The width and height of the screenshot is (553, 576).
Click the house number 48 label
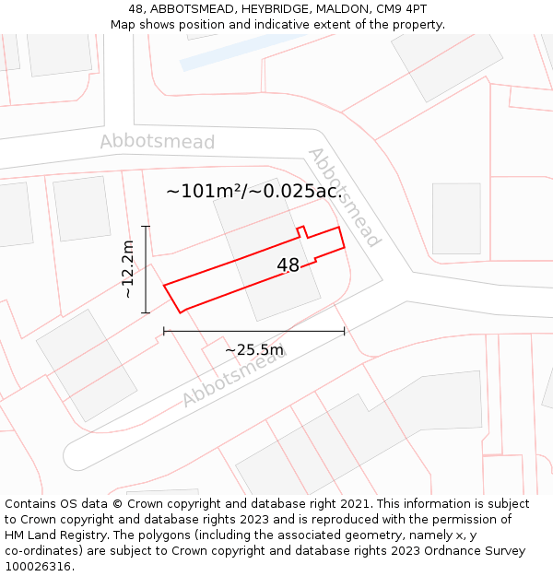click(x=288, y=265)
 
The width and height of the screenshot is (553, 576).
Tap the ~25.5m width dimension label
click(x=254, y=349)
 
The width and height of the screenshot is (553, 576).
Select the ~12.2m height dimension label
click(x=129, y=269)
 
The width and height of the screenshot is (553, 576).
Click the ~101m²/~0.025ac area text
click(x=253, y=192)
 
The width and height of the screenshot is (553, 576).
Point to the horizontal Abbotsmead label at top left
click(x=157, y=142)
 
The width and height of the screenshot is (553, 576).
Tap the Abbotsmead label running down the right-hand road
click(x=344, y=197)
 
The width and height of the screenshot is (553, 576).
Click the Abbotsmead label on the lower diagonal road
click(x=233, y=380)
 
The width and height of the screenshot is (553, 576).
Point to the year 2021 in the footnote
click(x=355, y=504)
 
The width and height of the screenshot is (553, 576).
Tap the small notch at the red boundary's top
click(x=300, y=230)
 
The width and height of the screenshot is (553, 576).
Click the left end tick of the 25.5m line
click(x=164, y=332)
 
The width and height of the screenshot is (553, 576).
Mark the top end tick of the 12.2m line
click(x=146, y=225)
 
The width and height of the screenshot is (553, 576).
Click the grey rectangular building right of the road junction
click(x=456, y=218)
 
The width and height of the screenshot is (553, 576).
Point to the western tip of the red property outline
click(x=165, y=286)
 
